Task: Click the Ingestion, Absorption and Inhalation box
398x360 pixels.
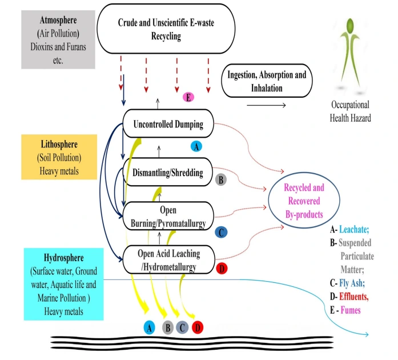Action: point(267,81)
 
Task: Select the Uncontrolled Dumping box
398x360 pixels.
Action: point(164,124)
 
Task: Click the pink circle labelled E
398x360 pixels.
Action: point(188,97)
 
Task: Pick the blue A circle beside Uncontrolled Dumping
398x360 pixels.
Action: point(196,146)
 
